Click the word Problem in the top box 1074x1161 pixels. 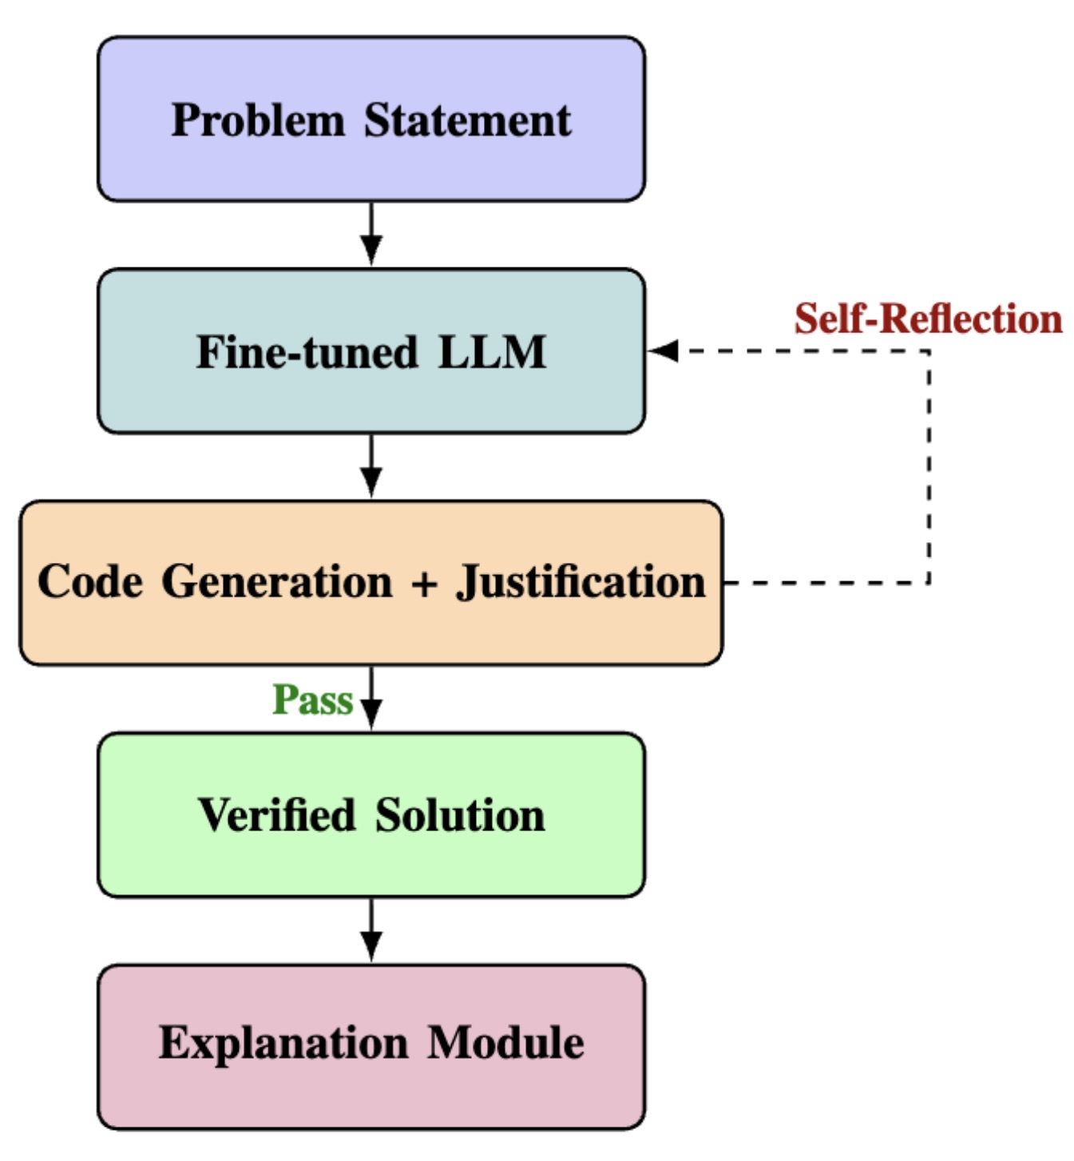click(x=258, y=121)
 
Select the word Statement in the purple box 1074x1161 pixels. click(x=467, y=121)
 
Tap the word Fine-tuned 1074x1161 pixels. click(x=307, y=352)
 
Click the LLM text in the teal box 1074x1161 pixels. click(x=492, y=352)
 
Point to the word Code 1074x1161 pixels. click(x=89, y=581)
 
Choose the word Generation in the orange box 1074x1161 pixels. click(x=276, y=581)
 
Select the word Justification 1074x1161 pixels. click(x=581, y=581)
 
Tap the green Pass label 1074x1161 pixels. click(x=312, y=700)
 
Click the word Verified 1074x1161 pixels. click(x=276, y=815)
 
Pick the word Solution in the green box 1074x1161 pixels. click(x=460, y=815)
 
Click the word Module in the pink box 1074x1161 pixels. click(x=505, y=1044)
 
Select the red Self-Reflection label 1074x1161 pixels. click(x=928, y=319)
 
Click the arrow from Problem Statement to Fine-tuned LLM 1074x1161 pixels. click(x=371, y=234)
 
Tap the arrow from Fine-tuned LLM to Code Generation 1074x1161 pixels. click(x=371, y=466)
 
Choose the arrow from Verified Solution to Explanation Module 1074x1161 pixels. click(x=371, y=931)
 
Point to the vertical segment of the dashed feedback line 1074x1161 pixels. click(x=929, y=467)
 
